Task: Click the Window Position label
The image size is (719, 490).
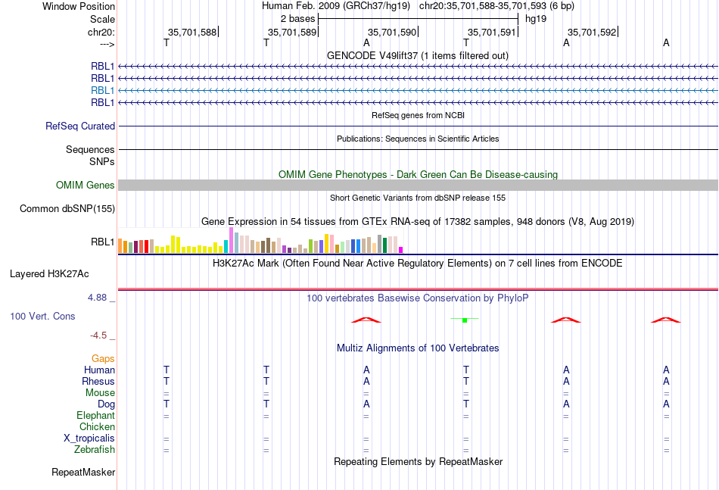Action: [79, 6]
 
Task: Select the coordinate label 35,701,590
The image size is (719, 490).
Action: [391, 32]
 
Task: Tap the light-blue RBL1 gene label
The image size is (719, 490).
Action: [102, 90]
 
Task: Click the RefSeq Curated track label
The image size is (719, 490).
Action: [80, 126]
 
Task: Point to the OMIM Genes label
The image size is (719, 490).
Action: [86, 185]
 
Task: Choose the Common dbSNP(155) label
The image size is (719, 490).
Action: [67, 209]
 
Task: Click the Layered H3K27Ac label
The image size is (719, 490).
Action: [49, 274]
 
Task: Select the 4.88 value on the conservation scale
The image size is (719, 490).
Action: [97, 298]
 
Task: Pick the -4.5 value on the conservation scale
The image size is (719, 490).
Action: [98, 336]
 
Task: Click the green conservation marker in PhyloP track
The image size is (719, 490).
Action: [465, 320]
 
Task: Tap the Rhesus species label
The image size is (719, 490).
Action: [98, 381]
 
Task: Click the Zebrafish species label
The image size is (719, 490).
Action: [95, 450]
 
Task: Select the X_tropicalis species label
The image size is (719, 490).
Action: [89, 439]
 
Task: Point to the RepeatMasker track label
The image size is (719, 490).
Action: [83, 472]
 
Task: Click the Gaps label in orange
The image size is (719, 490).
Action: [103, 359]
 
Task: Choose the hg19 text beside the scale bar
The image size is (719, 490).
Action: [536, 19]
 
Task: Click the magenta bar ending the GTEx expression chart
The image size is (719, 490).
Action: [401, 250]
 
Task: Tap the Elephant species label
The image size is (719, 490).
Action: [96, 416]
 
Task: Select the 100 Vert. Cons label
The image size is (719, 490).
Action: [42, 316]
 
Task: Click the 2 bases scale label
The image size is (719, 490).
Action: [298, 19]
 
